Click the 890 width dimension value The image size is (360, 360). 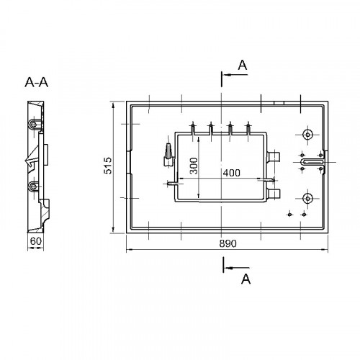pos(228,243)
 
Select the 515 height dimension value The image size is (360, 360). pos(108,166)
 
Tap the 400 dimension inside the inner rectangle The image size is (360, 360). pos(231,173)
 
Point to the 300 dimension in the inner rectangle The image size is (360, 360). pos(194,166)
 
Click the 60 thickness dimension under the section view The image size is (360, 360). pos(36,241)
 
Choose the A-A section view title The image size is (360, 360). pos(37,82)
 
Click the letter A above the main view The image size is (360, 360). pos(243,65)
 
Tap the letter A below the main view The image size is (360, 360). pos(246,279)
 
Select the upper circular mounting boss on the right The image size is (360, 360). pos(307,135)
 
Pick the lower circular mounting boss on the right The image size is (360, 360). pos(307,199)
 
